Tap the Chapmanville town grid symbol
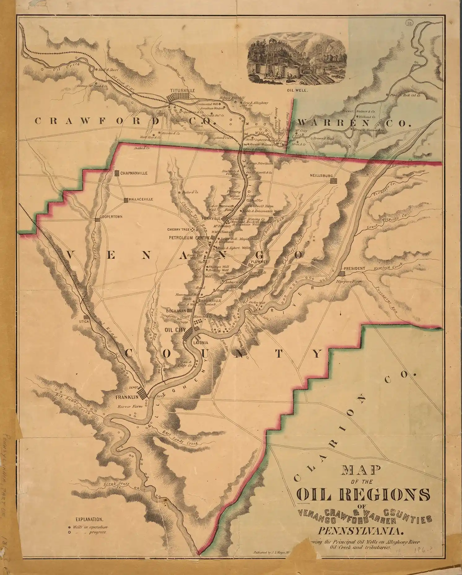(x=117, y=173)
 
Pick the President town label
(x=355, y=268)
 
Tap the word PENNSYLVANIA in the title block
(x=359, y=532)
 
